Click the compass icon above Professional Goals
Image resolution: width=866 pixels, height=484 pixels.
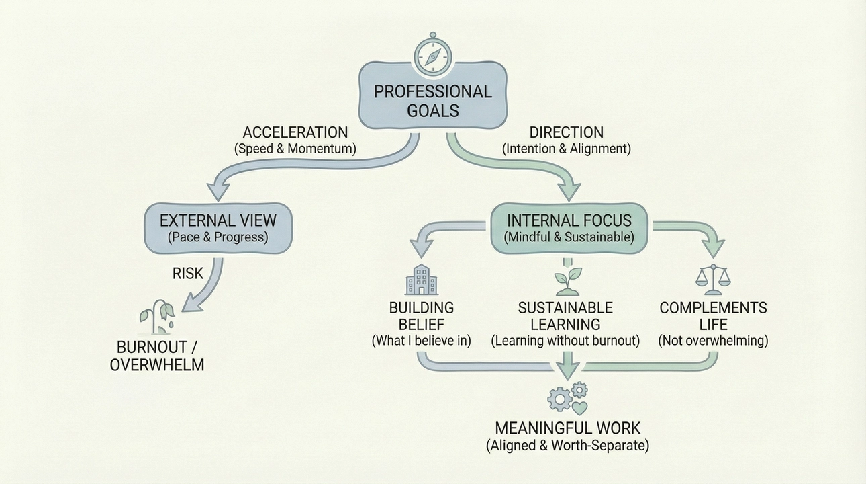(x=432, y=55)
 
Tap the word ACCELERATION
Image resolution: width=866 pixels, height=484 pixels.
(x=295, y=132)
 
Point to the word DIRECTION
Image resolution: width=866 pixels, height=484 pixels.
(x=567, y=132)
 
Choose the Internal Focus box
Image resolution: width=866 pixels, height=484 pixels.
(x=569, y=227)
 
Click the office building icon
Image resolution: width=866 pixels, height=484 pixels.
(x=421, y=280)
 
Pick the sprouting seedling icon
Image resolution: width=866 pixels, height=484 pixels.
(x=565, y=282)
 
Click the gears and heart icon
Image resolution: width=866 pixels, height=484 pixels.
(x=567, y=398)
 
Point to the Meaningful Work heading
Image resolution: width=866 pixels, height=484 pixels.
(x=567, y=428)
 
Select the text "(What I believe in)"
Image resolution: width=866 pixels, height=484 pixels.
(x=422, y=341)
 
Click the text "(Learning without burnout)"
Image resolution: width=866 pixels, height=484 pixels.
(x=565, y=341)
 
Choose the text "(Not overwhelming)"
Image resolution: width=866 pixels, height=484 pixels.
(x=713, y=341)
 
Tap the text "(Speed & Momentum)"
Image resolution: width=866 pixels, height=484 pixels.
(x=295, y=149)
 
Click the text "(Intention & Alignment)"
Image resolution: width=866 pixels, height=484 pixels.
(x=567, y=149)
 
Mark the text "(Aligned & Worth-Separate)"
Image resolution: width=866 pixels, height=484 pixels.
(x=567, y=444)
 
